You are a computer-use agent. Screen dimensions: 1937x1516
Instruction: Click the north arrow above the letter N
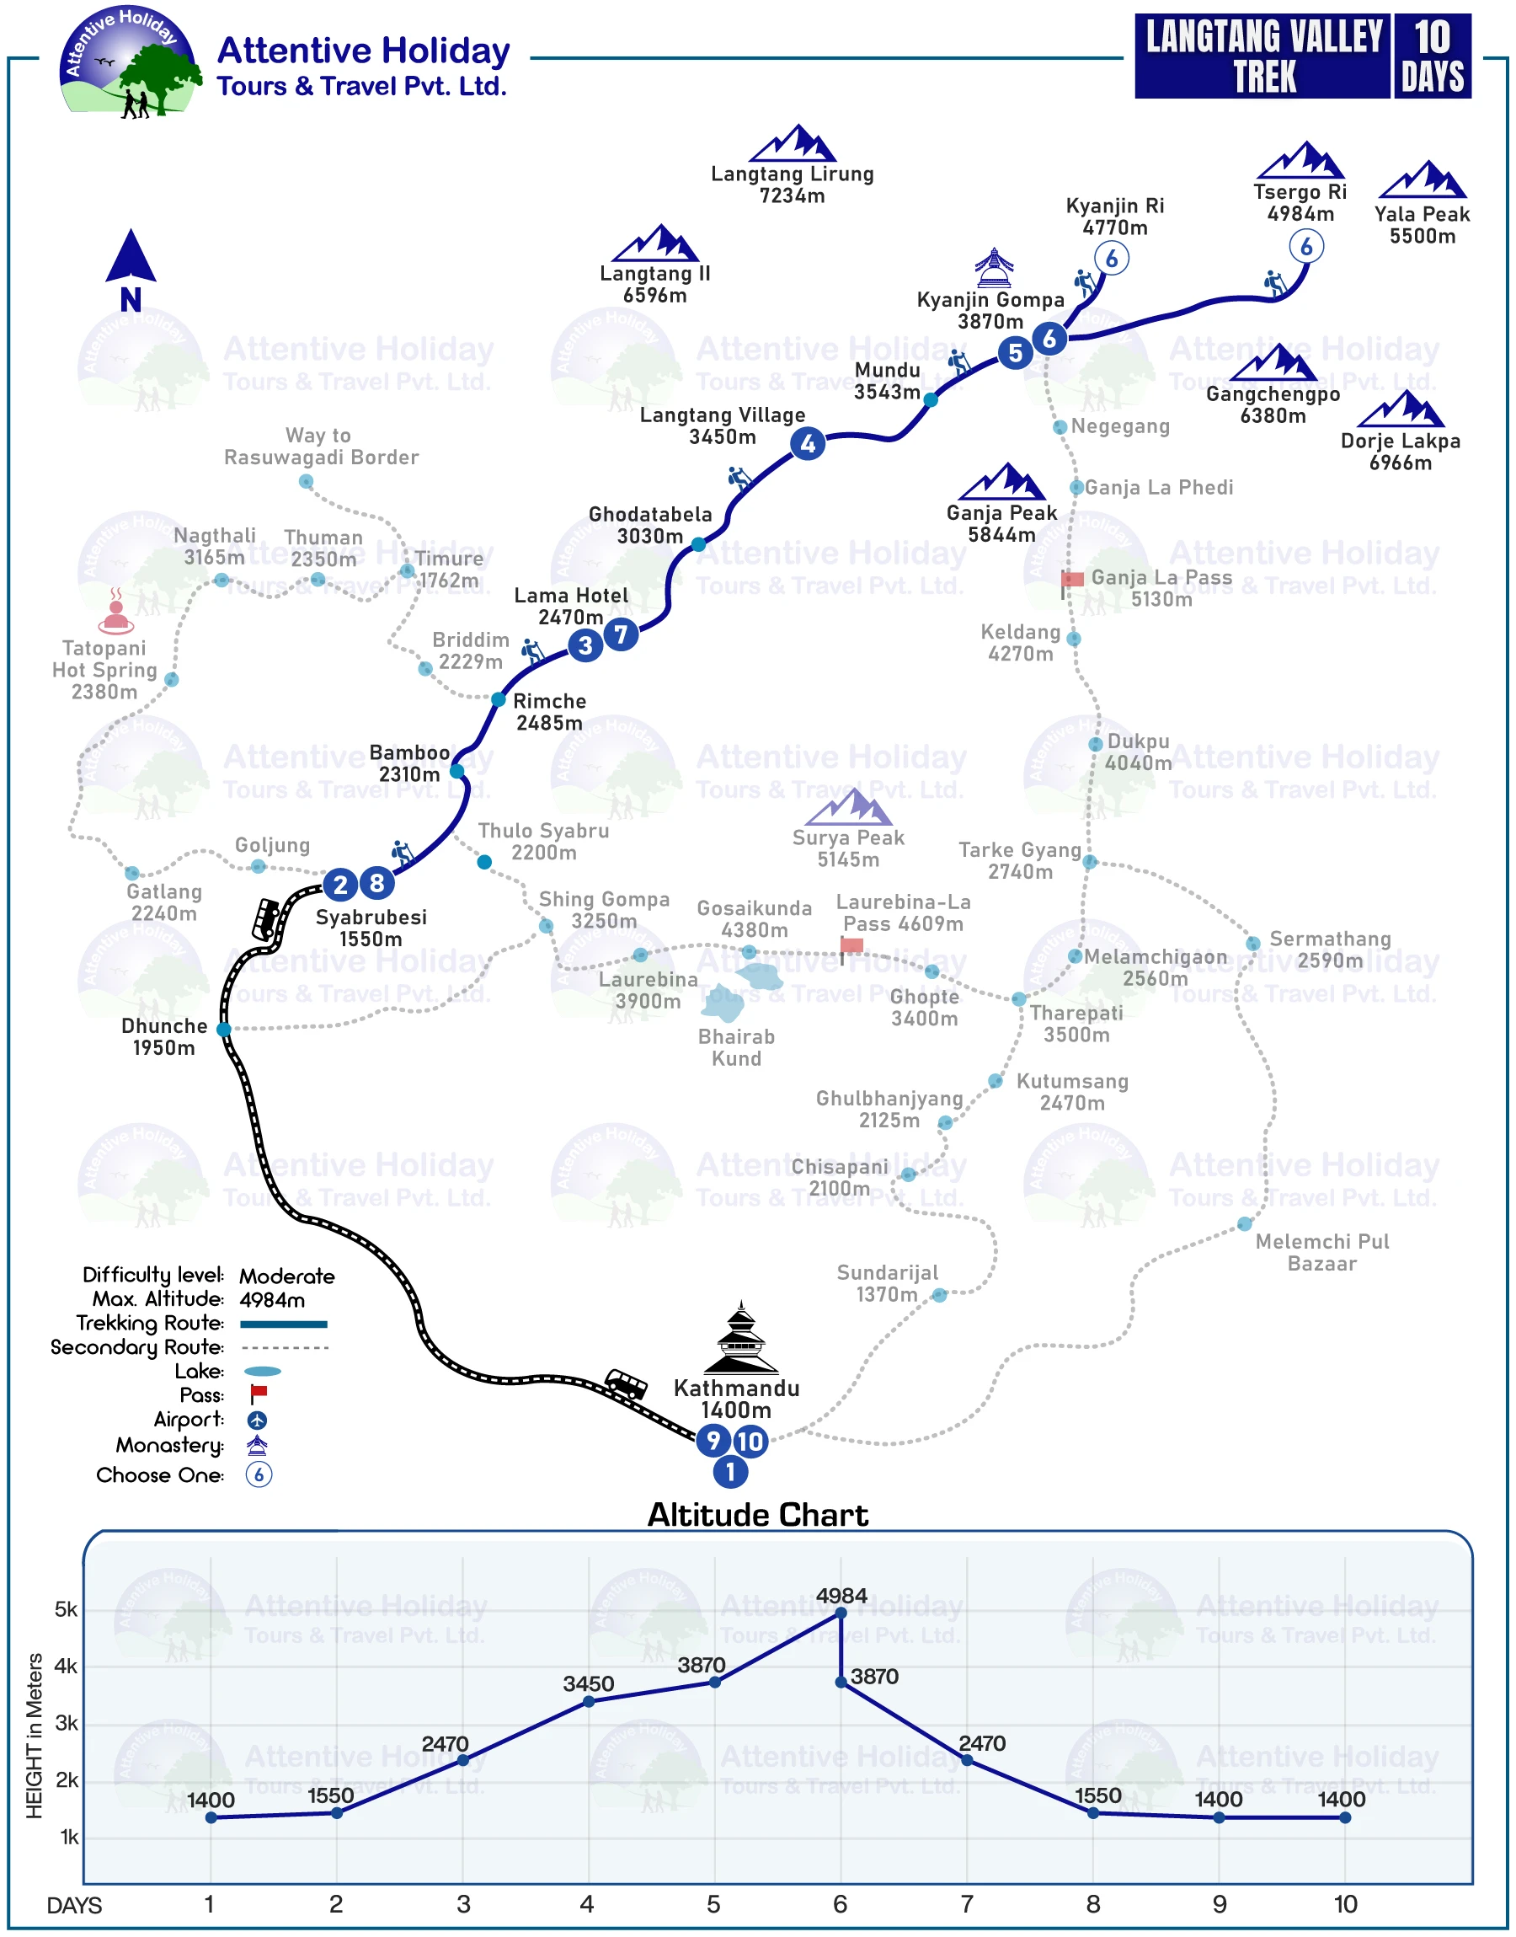coord(131,255)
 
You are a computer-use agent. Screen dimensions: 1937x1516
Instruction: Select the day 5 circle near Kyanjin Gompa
coord(1015,352)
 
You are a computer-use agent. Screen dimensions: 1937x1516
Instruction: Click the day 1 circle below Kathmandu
coord(729,1472)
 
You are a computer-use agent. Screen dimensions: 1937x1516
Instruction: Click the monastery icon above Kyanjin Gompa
coord(993,268)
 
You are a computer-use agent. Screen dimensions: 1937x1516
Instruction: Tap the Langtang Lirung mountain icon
coord(792,143)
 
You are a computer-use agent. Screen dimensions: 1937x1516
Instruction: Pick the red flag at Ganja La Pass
coord(1072,580)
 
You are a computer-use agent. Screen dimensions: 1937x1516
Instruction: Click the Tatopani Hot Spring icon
coord(115,611)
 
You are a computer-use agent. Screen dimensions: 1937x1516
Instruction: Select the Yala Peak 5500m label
coord(1422,225)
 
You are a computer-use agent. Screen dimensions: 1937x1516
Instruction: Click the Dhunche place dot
coord(224,1029)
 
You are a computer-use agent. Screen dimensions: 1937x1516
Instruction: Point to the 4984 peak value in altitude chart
coord(841,1595)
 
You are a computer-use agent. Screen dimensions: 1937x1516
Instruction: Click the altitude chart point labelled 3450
coord(589,1701)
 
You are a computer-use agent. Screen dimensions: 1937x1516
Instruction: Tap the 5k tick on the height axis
coord(67,1609)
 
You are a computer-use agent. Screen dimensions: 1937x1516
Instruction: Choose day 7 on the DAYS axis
coord(967,1904)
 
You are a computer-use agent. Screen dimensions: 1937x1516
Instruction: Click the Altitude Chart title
coord(757,1514)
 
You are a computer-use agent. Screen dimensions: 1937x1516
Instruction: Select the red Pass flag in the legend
coord(259,1394)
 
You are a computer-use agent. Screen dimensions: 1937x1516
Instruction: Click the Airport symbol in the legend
coord(258,1420)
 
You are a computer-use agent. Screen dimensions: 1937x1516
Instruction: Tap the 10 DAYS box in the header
coord(1432,56)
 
